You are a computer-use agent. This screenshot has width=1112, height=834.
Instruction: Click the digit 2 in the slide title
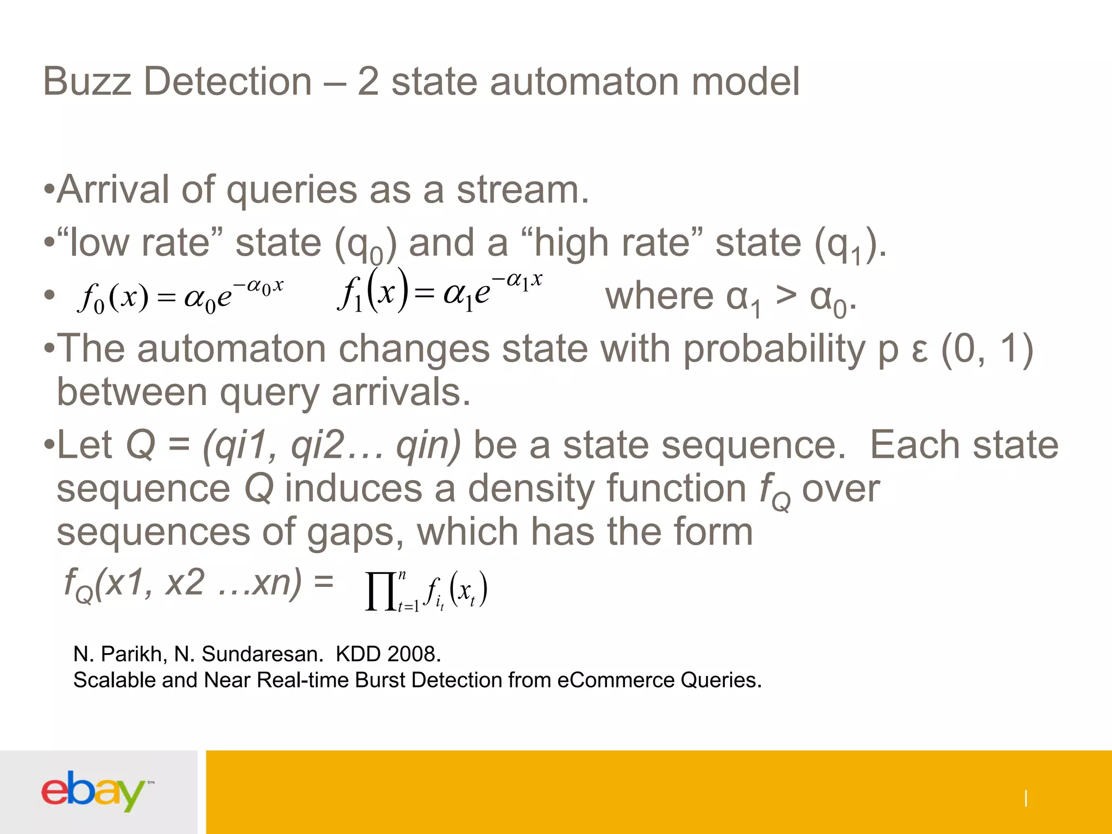tap(368, 81)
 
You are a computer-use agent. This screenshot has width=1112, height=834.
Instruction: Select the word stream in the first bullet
tap(522, 190)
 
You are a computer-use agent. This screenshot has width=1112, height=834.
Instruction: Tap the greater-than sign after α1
tap(786, 296)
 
